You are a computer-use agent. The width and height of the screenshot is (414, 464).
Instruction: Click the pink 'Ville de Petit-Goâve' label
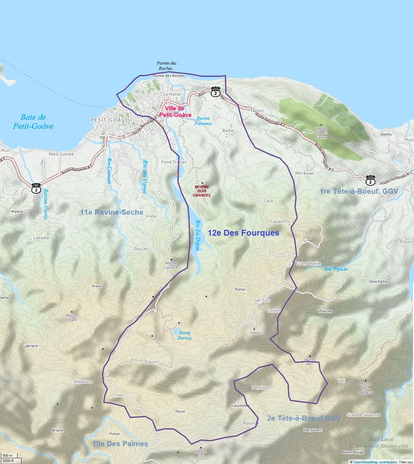(175, 112)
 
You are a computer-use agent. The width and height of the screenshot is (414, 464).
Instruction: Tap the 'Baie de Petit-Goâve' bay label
(34, 121)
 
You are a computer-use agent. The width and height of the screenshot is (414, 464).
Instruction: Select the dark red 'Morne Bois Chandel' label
(202, 191)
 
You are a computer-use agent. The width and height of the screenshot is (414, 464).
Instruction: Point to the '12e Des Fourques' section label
(243, 232)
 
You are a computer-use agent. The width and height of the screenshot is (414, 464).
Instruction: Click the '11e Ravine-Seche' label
(111, 212)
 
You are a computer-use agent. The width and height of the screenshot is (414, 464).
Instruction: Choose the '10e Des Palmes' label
(120, 444)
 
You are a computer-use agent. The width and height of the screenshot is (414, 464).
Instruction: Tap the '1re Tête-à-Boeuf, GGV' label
(359, 191)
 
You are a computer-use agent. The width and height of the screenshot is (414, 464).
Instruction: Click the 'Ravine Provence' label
(204, 121)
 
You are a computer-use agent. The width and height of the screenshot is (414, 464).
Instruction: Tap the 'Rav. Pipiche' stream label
(336, 270)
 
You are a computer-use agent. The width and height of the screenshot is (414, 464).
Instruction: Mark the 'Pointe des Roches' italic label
(167, 66)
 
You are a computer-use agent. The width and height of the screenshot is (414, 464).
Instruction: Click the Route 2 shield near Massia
(36, 188)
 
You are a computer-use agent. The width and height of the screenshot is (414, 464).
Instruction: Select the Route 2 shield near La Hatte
(215, 92)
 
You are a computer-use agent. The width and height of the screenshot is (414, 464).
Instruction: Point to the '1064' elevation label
(254, 333)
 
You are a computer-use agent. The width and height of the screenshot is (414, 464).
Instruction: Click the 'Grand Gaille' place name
(308, 264)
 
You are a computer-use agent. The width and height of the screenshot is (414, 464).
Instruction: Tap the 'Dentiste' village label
(260, 387)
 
